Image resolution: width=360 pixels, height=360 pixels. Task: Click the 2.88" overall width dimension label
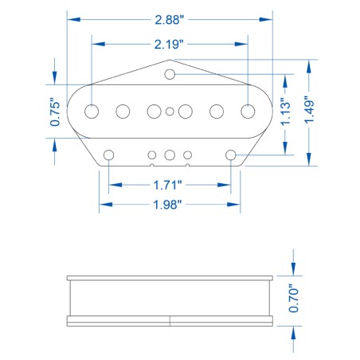[170, 19]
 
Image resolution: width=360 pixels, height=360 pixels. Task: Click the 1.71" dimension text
[169, 185]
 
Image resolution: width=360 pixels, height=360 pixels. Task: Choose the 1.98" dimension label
[169, 205]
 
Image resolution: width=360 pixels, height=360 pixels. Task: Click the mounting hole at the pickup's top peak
[170, 74]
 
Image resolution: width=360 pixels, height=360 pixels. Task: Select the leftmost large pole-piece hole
[94, 111]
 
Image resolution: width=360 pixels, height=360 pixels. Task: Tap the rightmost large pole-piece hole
[247, 111]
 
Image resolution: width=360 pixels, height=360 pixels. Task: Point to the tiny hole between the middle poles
[170, 112]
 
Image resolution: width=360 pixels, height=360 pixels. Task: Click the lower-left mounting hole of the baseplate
[109, 154]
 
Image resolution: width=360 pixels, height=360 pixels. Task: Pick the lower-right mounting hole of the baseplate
[231, 154]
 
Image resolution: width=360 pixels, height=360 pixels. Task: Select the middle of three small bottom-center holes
[170, 155]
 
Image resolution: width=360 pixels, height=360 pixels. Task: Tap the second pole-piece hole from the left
[124, 112]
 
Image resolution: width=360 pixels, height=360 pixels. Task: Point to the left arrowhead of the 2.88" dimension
[72, 19]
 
